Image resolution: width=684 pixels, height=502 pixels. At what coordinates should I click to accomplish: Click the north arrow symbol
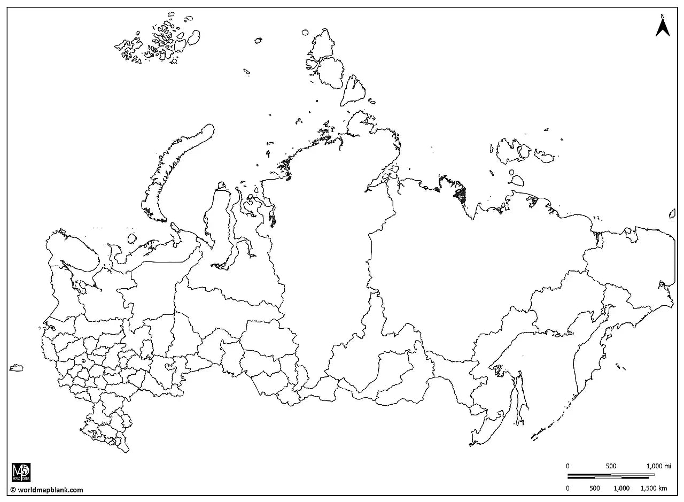[x=663, y=28]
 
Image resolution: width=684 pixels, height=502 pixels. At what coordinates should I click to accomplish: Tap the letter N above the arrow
[x=663, y=16]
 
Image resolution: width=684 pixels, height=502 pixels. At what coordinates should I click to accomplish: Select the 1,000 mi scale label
[x=658, y=466]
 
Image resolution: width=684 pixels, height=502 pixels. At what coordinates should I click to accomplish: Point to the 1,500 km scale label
[x=655, y=488]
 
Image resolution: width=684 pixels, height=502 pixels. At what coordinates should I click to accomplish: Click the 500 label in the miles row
[x=611, y=466]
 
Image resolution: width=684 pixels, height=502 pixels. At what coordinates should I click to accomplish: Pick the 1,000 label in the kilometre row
[x=621, y=488]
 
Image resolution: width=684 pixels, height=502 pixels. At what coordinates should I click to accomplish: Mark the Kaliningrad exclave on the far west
[x=17, y=368]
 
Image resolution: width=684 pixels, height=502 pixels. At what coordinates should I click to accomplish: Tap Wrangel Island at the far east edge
[x=672, y=214]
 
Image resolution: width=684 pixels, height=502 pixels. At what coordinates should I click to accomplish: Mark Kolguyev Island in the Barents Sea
[x=132, y=238]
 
